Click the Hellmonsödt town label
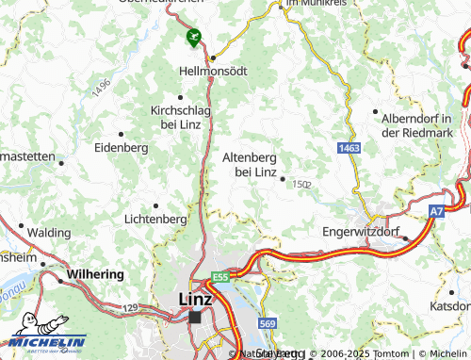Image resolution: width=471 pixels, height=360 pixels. point(214,71)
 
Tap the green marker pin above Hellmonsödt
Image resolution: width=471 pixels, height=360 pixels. point(194,38)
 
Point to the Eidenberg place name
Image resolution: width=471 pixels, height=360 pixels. point(122,148)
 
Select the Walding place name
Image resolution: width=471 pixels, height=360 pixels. point(49,232)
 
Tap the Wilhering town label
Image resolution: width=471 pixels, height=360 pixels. point(94,274)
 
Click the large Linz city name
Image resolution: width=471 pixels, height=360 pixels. point(195,300)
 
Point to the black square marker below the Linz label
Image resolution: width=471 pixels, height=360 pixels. point(195,318)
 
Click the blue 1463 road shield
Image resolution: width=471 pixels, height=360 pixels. point(350,149)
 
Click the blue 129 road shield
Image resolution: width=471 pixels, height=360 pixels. point(130,308)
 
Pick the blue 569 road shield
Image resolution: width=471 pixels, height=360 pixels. point(268,324)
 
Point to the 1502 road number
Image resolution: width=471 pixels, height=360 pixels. point(301,184)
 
